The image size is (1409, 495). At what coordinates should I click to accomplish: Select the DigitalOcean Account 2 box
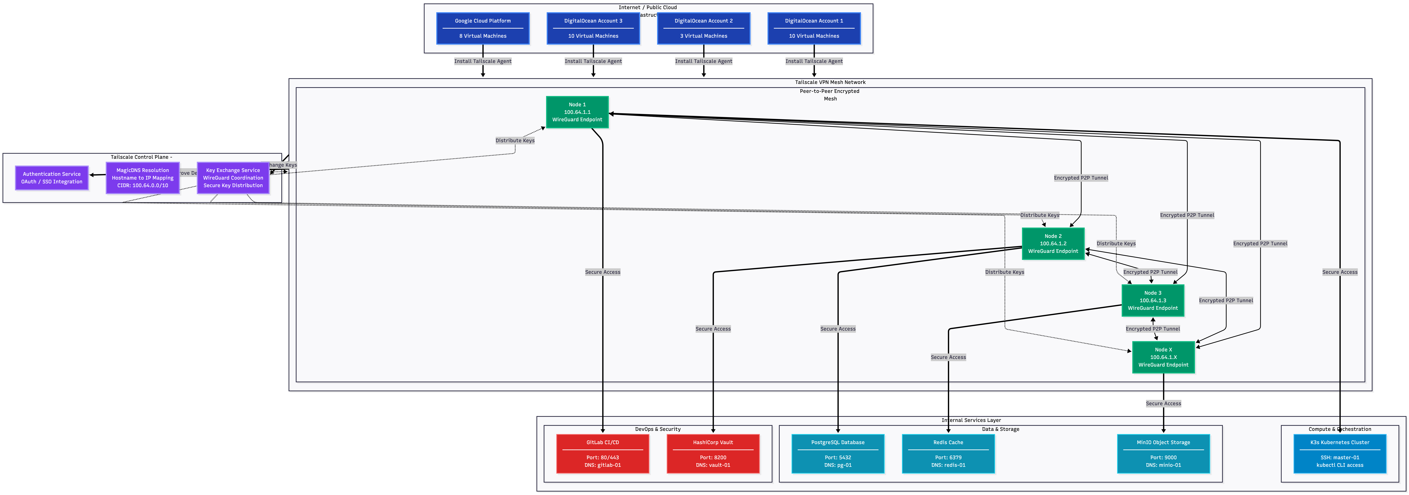tap(703, 28)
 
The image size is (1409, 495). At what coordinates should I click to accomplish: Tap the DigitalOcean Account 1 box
tap(814, 28)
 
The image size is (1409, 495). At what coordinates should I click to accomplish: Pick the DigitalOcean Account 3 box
tap(593, 28)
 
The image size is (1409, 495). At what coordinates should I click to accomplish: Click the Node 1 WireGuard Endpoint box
tap(577, 112)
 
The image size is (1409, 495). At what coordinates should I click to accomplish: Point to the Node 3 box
tap(1153, 300)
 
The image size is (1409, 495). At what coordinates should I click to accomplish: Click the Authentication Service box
tap(52, 178)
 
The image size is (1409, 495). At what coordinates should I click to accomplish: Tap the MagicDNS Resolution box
tap(143, 178)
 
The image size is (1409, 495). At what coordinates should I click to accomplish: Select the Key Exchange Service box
tap(233, 178)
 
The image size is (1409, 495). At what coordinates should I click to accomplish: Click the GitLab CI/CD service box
tap(603, 453)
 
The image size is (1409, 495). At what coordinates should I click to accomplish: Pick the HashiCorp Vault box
tap(713, 453)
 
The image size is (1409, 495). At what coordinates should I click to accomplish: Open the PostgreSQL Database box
tap(837, 453)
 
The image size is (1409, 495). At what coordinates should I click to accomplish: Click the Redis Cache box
tap(948, 453)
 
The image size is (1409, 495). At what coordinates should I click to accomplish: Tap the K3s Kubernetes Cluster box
tap(1340, 453)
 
